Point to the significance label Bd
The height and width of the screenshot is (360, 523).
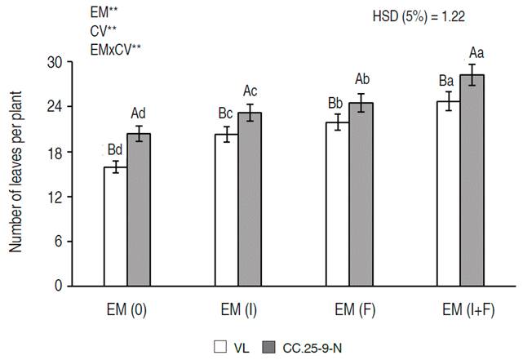[x=114, y=150]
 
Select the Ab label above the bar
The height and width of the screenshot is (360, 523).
[x=362, y=79]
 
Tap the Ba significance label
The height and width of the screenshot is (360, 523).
[x=446, y=81]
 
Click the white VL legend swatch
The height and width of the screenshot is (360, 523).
[x=220, y=345]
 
